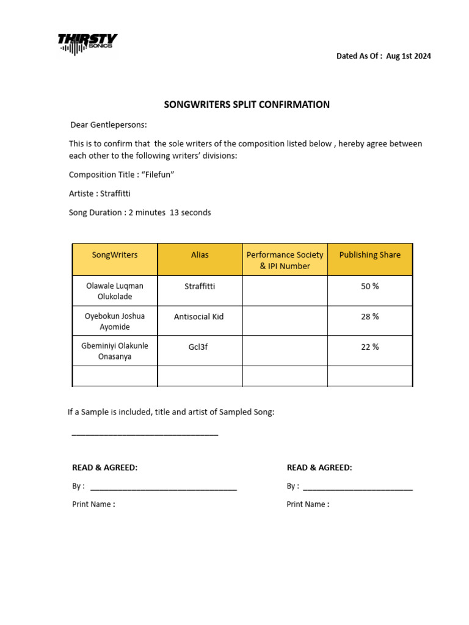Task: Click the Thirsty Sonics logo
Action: pos(87,44)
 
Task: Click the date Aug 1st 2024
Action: pos(409,56)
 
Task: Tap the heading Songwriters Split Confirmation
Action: pos(247,104)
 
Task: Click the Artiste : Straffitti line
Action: pos(100,193)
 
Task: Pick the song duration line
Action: pos(140,212)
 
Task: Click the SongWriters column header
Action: pos(115,255)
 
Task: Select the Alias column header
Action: pos(200,255)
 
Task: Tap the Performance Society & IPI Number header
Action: pos(285,260)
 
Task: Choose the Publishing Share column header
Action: pos(370,255)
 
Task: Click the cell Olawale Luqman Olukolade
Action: pos(115,291)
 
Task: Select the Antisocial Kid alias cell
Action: pos(200,317)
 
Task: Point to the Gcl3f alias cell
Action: pos(200,347)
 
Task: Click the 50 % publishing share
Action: pos(370,286)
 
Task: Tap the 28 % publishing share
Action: pos(370,317)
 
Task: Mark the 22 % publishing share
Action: pos(370,347)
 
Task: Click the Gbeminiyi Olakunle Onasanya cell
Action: pos(115,351)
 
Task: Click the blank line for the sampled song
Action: pos(145,434)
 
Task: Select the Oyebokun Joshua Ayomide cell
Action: pos(115,322)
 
